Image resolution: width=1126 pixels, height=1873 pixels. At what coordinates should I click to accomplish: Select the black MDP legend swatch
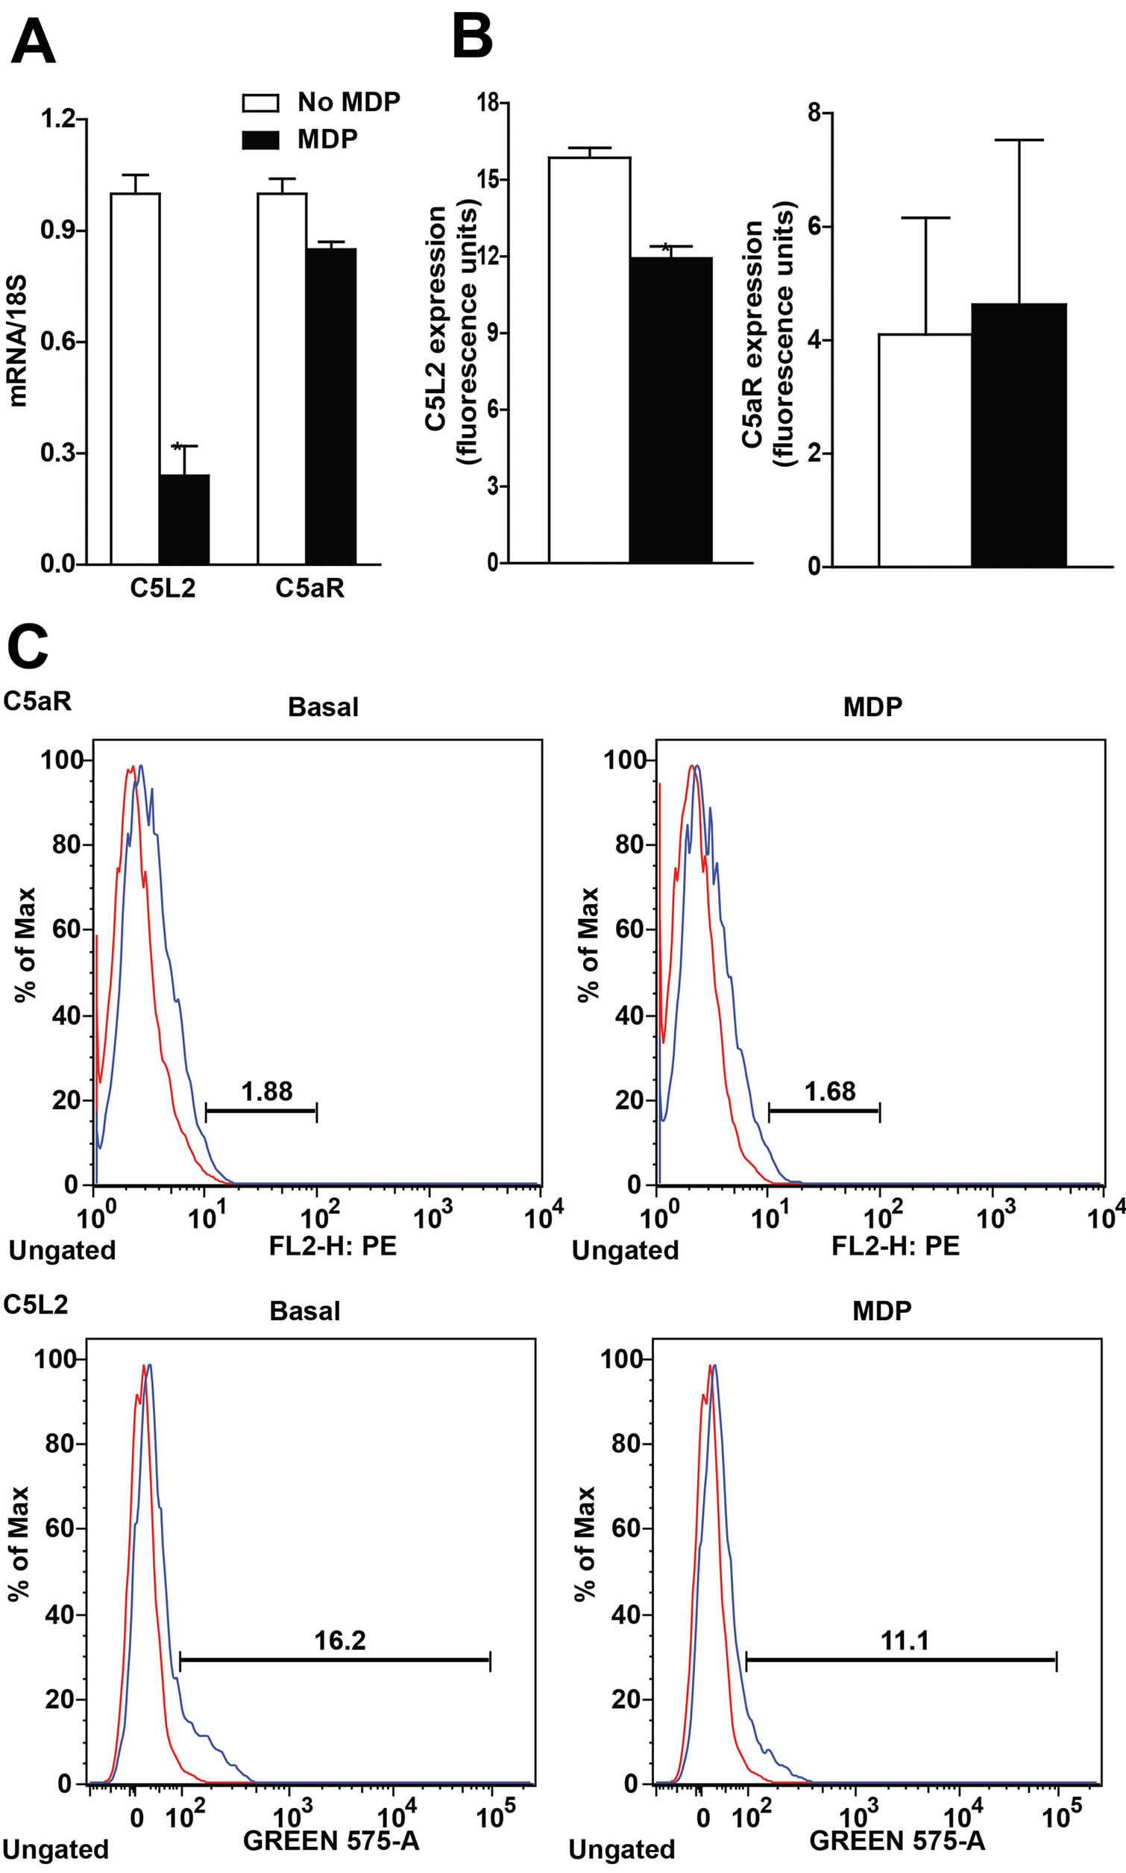(x=260, y=139)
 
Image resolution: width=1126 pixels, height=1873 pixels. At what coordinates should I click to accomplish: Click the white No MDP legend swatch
(x=260, y=102)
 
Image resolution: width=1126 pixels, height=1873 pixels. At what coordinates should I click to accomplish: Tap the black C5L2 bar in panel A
(x=184, y=519)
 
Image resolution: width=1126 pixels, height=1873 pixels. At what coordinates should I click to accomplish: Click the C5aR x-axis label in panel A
(x=309, y=589)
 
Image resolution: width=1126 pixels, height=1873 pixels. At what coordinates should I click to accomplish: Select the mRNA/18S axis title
(x=17, y=342)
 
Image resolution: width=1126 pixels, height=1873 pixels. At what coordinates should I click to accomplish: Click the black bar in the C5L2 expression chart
(x=670, y=410)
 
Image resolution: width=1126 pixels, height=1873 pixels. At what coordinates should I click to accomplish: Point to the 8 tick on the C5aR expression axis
(x=815, y=113)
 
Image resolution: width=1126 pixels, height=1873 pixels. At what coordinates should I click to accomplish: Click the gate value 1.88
(x=266, y=1091)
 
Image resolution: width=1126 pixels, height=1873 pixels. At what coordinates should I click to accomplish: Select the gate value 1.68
(x=829, y=1091)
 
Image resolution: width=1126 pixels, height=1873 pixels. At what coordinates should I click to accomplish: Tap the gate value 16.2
(x=340, y=1641)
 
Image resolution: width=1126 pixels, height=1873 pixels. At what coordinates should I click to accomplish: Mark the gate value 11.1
(x=905, y=1641)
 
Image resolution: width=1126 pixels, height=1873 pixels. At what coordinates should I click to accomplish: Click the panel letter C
(x=28, y=647)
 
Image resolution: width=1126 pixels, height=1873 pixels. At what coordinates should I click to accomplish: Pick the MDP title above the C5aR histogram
(x=872, y=707)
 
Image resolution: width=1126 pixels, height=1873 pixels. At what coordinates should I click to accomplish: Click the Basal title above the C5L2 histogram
(x=305, y=1311)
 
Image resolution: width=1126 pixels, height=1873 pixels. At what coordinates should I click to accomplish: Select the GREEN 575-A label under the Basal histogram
(x=331, y=1840)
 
